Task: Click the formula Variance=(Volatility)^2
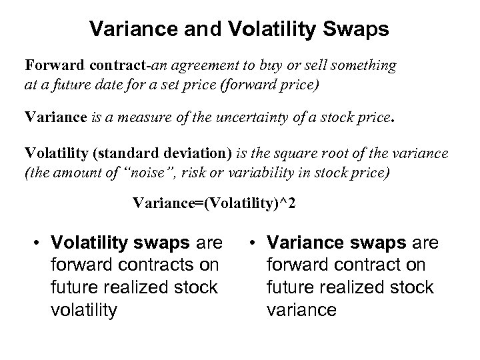click(x=214, y=202)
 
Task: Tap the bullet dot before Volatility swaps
click(x=39, y=241)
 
